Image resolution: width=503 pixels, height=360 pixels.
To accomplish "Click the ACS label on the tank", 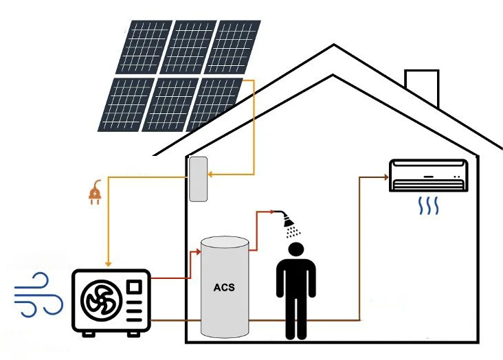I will point(224,287).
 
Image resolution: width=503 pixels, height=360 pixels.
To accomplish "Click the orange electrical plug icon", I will point(95,194).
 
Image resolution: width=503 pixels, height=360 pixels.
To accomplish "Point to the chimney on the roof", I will point(421,88).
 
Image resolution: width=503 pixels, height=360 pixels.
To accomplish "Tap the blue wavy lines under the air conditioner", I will point(429,205).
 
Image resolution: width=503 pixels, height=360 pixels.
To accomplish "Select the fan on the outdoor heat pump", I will point(101,301).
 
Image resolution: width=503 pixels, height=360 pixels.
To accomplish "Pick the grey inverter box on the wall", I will point(199,179).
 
